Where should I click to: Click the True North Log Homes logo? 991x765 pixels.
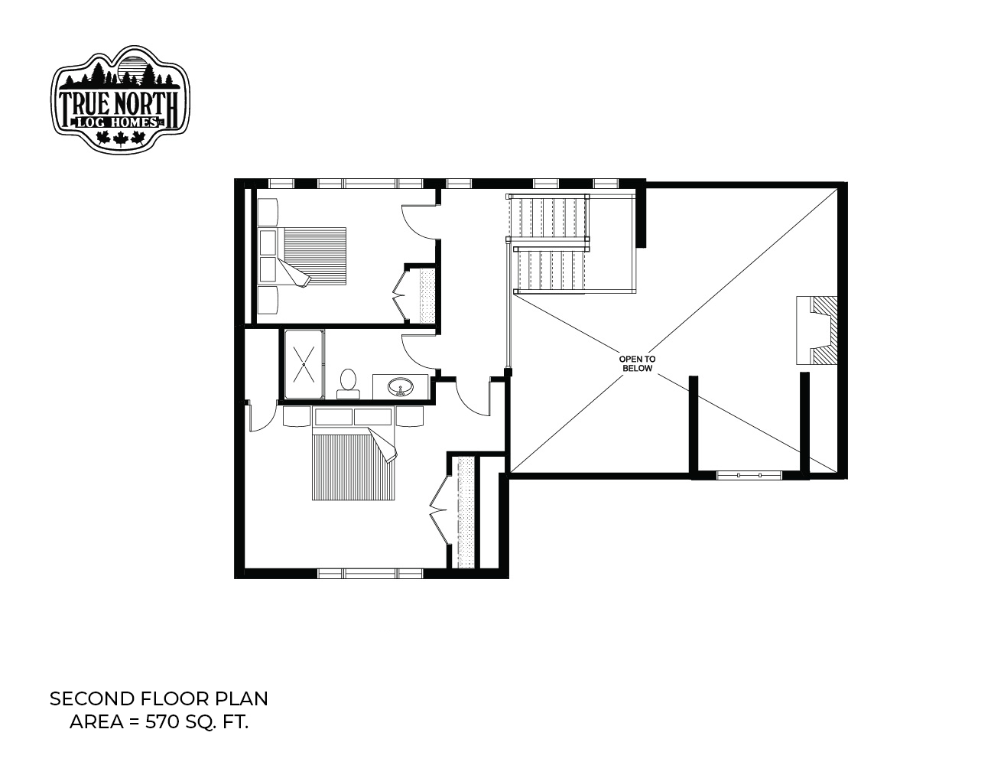pos(120,99)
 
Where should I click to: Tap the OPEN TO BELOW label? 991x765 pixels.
pos(637,364)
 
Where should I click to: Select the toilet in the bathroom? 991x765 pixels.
pos(349,384)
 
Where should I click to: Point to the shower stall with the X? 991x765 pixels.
pos(304,364)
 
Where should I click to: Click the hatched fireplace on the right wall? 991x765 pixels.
pos(817,330)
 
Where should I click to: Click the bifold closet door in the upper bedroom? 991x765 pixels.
pos(401,295)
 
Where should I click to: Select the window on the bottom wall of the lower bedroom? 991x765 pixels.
pos(370,573)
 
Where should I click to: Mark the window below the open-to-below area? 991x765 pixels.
pos(749,475)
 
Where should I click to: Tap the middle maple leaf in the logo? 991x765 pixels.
pos(120,138)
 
